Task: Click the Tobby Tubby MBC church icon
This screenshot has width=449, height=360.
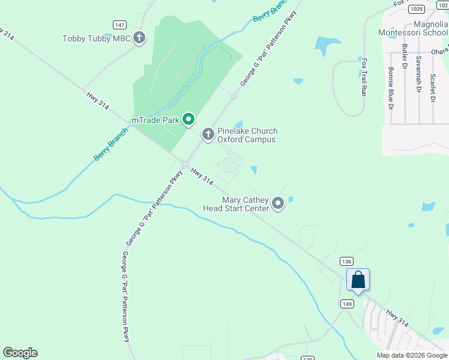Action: pyautogui.click(x=139, y=39)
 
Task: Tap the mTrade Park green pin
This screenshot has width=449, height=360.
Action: pyautogui.click(x=188, y=120)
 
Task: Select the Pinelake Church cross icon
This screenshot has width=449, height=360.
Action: pyautogui.click(x=208, y=134)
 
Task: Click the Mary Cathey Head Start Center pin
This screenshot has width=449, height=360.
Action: pyautogui.click(x=278, y=204)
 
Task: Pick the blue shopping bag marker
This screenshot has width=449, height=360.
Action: pyautogui.click(x=358, y=280)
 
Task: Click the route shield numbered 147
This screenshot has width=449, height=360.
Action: pyautogui.click(x=119, y=25)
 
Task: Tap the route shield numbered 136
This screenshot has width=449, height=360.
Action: pyautogui.click(x=346, y=261)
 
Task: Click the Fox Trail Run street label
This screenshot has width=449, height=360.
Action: pyautogui.click(x=363, y=77)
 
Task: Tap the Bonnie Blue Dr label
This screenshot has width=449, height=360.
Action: pyautogui.click(x=391, y=88)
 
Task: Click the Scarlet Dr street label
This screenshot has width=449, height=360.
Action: pyautogui.click(x=433, y=88)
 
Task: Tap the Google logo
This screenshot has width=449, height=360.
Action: pyautogui.click(x=20, y=353)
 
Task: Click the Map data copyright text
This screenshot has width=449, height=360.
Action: pyautogui.click(x=412, y=355)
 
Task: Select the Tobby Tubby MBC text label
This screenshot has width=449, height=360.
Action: pyautogui.click(x=96, y=39)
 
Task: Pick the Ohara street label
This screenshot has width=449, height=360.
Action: pyautogui.click(x=441, y=50)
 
